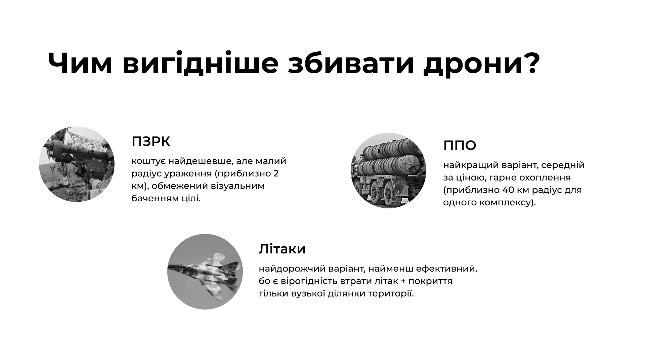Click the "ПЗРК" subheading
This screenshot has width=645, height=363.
pos(151,142)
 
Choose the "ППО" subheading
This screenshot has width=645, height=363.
pos(460,146)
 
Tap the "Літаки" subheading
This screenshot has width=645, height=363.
pos(282,249)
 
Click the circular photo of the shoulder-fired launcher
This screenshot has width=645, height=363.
pos(77,164)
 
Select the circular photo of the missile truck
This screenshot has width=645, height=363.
pos(389,170)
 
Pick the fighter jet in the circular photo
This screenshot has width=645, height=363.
pos(205,272)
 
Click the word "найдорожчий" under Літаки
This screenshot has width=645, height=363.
pos(292,269)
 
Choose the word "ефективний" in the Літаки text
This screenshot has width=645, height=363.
pos(446,269)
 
